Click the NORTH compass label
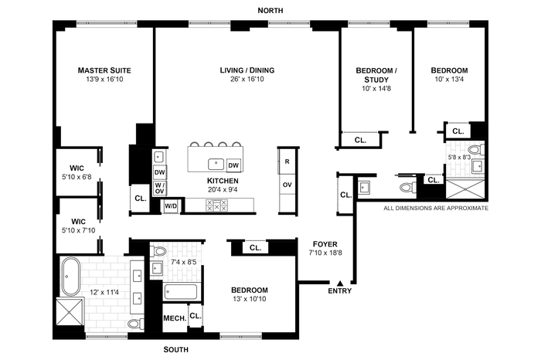pos(270,11)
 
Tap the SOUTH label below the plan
pos(175,350)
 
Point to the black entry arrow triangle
pos(340,284)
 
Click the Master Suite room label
pos(104,70)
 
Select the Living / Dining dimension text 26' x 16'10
pos(247,80)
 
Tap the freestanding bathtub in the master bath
pos(71,277)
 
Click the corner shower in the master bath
pos(70,312)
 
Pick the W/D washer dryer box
pos(171,206)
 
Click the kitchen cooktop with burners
pos(216,205)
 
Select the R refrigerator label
pos(287,161)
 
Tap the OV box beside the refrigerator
pos(287,185)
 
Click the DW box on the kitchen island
pos(233,165)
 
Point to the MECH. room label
pos(175,318)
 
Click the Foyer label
pos(325,244)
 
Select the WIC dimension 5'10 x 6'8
pos(77,177)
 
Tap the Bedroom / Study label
pos(376,75)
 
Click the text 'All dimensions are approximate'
pos(436,209)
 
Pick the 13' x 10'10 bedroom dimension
pos(250,299)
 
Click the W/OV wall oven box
pos(159,188)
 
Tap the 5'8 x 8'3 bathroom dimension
pos(459,158)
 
